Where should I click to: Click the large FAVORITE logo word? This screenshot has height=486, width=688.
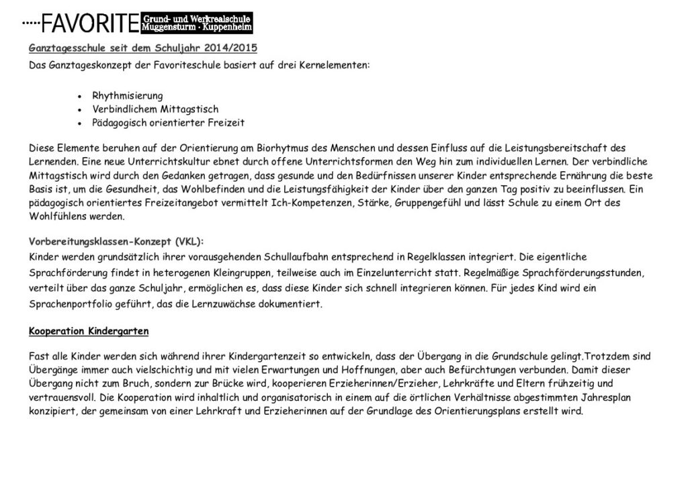[90, 24]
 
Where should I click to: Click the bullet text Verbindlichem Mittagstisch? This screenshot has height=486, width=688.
[155, 109]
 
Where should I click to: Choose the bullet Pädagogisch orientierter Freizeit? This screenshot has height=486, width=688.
[168, 123]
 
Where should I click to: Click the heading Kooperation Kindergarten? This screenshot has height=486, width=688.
[89, 332]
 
